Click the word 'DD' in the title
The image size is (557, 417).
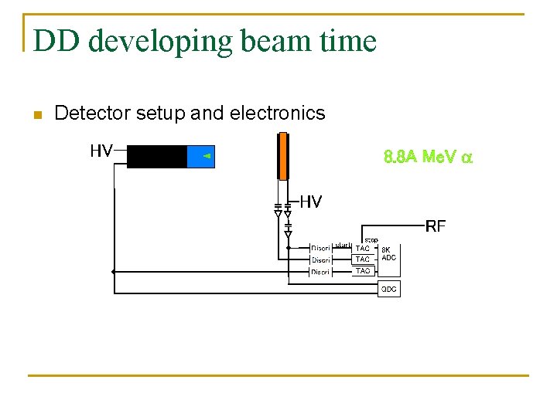point(55,40)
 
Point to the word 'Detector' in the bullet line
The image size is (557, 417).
point(93,114)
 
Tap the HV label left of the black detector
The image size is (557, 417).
point(101,151)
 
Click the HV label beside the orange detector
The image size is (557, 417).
point(310,202)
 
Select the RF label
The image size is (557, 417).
point(436,225)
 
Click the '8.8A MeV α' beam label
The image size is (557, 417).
point(428,158)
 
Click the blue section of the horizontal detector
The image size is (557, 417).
point(200,156)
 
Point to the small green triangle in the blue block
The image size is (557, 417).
point(207,156)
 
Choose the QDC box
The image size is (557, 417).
point(388,289)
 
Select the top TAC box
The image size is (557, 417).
point(362,248)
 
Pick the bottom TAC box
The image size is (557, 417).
point(362,271)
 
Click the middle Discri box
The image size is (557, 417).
point(320,260)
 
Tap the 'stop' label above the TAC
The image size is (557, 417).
point(371,240)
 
